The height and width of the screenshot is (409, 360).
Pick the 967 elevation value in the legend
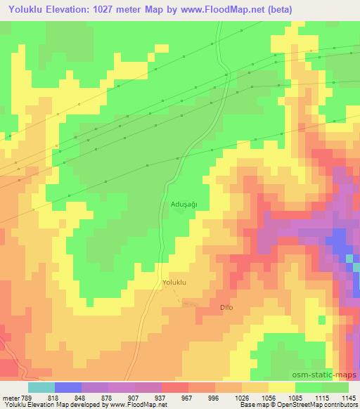(x=188, y=397)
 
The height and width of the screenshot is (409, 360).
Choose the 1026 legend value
(x=240, y=397)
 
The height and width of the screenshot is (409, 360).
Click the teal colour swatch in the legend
(x=41, y=387)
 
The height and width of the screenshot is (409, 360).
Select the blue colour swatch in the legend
(x=67, y=387)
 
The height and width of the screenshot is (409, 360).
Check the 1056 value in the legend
(x=267, y=397)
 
